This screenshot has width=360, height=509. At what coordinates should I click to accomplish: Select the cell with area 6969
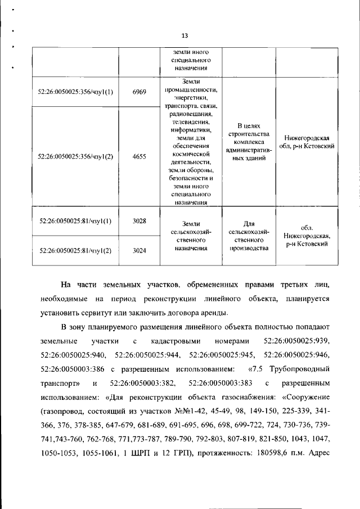[x=139, y=92]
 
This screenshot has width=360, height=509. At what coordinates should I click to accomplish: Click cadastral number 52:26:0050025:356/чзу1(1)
[x=75, y=92]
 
